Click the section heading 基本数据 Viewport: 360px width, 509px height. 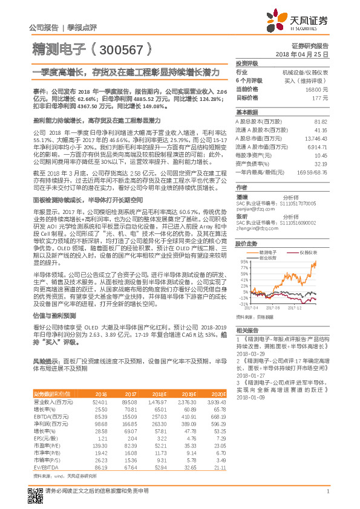tap(246, 112)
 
